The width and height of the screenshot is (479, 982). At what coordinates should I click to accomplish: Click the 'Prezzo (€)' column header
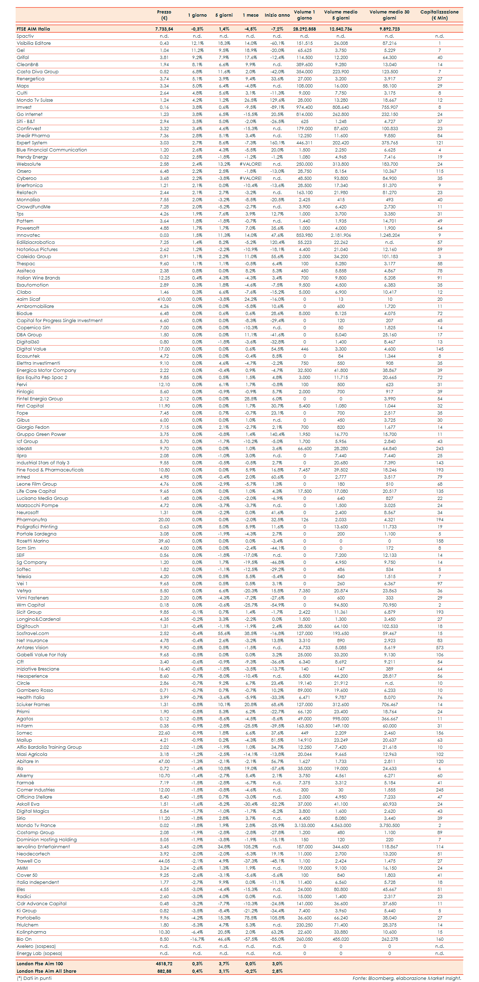point(164,15)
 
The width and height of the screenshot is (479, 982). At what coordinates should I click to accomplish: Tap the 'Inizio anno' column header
point(277,15)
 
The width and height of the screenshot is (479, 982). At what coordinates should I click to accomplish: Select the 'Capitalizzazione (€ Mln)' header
point(439,15)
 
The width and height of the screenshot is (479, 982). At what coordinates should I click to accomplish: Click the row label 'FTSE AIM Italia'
point(33,29)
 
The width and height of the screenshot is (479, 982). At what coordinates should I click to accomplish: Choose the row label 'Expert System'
point(32,143)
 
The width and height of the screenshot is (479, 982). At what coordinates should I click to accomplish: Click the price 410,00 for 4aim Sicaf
point(164,299)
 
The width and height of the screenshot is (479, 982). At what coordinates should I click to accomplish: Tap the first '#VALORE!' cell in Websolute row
point(251,164)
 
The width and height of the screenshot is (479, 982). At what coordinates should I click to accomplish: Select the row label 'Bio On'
point(24,939)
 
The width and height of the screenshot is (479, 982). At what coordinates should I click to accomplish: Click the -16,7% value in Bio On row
point(197,939)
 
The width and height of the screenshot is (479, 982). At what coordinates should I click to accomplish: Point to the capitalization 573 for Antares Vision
point(439,648)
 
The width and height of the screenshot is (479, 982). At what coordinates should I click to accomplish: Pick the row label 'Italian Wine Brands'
point(38,278)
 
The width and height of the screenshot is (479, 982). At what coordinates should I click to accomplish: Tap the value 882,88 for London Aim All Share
point(164,971)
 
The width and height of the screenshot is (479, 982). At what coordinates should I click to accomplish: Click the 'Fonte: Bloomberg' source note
point(406,978)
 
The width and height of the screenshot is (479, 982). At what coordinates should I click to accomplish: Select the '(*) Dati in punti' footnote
point(34,978)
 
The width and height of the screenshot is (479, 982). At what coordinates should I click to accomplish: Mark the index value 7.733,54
point(164,29)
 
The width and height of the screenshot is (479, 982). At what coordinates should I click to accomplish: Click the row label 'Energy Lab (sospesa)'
point(39,954)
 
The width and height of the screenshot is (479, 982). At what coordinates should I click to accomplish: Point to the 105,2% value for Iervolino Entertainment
point(251,847)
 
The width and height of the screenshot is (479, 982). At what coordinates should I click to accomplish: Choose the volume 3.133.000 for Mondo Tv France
point(304,825)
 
